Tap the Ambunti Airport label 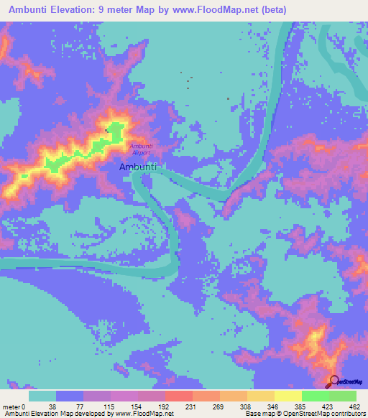pos(140,149)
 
